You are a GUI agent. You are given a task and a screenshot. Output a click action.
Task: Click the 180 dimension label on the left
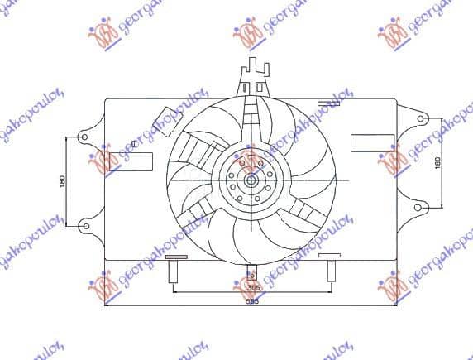tap(60, 180)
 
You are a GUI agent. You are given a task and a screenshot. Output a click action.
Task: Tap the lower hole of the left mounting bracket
tap(83, 223)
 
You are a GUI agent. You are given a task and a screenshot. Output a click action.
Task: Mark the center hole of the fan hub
tap(251, 180)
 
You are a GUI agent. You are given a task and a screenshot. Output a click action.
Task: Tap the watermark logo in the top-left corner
tap(108, 33)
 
